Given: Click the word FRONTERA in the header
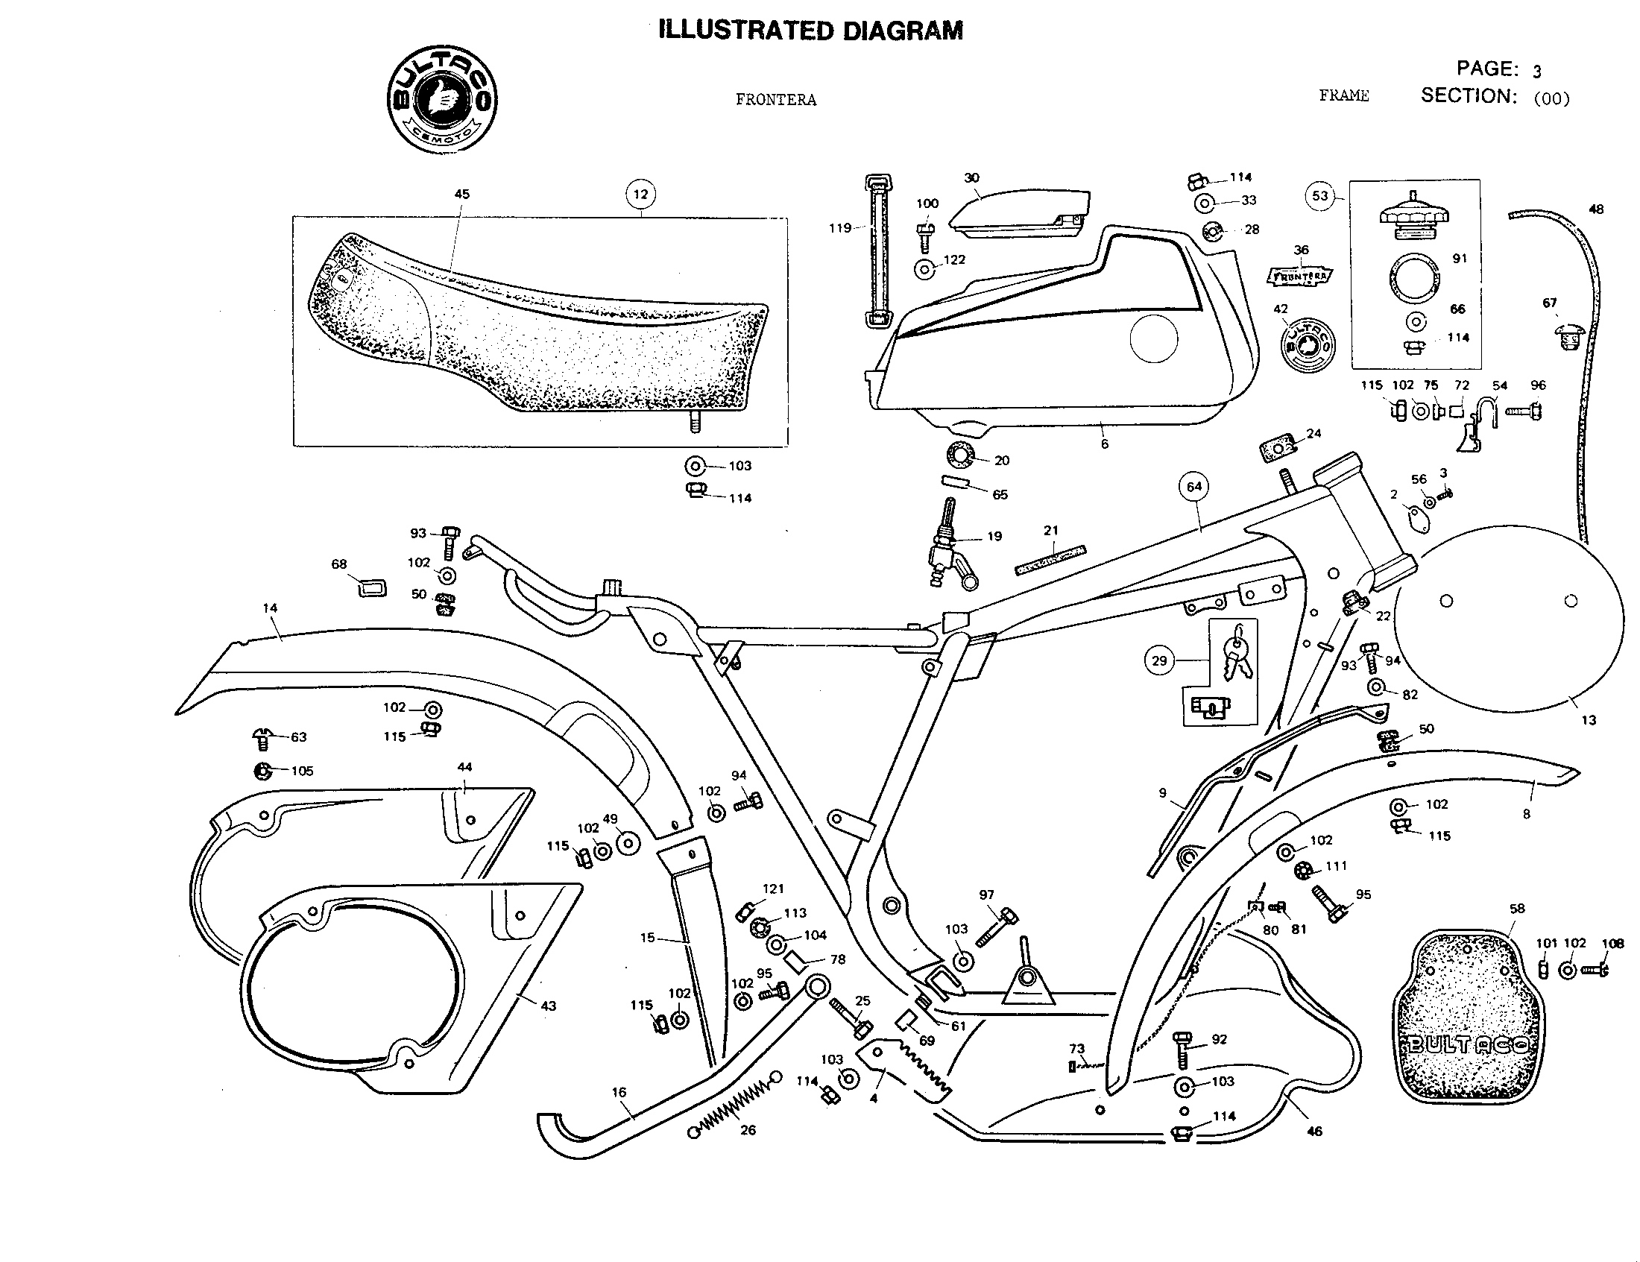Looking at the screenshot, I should click(x=776, y=100).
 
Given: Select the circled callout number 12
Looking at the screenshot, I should click(x=640, y=195).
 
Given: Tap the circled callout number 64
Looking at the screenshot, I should click(x=1194, y=487).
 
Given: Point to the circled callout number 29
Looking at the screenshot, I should click(x=1159, y=660).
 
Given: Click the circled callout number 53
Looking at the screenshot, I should click(x=1320, y=196).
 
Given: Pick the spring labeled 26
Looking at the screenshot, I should click(x=732, y=1107).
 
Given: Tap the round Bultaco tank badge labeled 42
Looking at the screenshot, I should click(x=1308, y=346).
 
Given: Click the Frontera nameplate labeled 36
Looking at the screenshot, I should click(x=1301, y=277).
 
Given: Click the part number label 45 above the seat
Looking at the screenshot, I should click(x=462, y=194).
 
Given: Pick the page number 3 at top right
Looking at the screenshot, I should click(x=1537, y=72).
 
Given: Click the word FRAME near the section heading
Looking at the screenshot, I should click(x=1344, y=95).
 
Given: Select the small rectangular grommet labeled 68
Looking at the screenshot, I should click(x=371, y=588).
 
